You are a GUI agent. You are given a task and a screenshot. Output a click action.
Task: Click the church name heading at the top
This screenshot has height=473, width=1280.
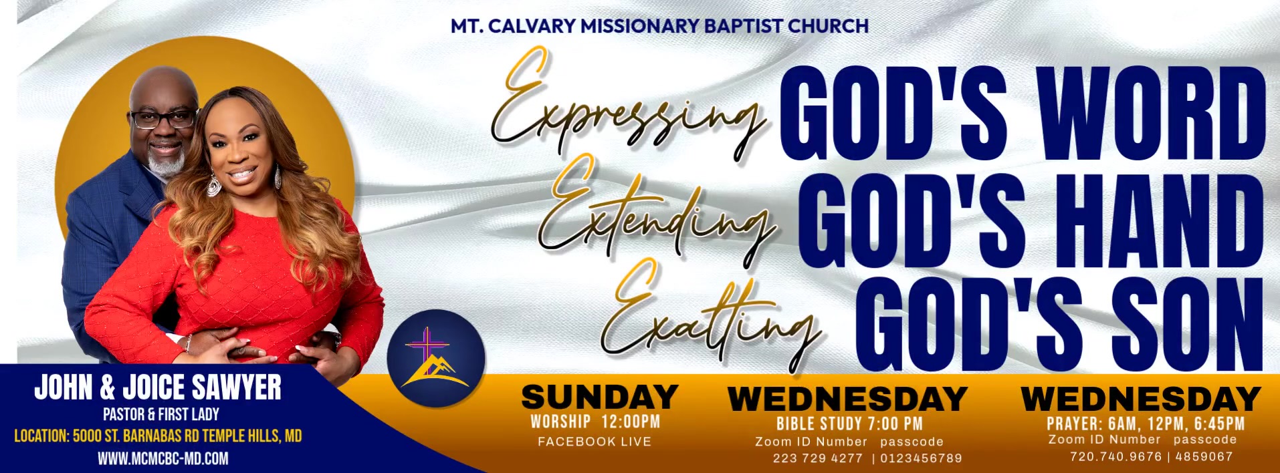click(x=659, y=26)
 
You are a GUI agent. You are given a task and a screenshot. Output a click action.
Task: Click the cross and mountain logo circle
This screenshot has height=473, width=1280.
click(x=436, y=359)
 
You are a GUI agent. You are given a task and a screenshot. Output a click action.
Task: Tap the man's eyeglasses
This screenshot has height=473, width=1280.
click(x=163, y=119)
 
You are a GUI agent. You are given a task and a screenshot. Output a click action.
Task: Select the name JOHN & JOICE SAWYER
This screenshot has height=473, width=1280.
click(x=158, y=387)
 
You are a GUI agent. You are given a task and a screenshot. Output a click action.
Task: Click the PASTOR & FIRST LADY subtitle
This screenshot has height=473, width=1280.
click(x=161, y=414)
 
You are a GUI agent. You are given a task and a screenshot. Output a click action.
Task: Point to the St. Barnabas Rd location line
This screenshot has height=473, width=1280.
click(x=158, y=436)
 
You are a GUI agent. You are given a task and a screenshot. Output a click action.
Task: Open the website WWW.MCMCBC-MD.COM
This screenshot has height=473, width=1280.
click(x=163, y=459)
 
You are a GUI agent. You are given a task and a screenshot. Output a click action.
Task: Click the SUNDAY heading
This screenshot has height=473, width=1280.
click(x=600, y=397)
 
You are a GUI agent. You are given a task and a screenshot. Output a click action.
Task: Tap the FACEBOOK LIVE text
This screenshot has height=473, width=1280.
click(x=595, y=442)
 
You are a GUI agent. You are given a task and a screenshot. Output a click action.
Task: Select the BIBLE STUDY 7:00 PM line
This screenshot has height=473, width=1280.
click(x=849, y=424)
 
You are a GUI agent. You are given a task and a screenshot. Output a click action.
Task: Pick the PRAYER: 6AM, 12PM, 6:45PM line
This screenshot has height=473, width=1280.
click(x=1146, y=424)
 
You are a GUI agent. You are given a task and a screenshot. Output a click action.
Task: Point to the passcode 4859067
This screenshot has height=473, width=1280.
click(x=1204, y=456)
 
